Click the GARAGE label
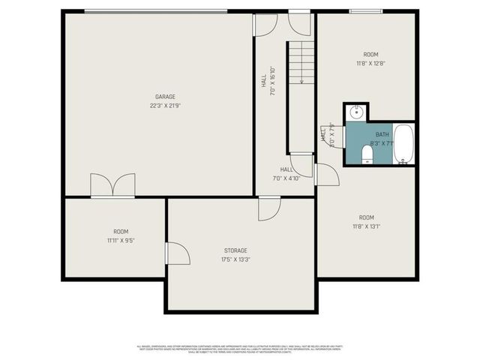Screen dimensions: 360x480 coord(165,97)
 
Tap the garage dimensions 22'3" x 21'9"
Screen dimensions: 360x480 coord(165,106)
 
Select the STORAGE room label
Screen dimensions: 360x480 coord(235,250)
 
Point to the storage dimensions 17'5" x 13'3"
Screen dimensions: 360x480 coord(235,259)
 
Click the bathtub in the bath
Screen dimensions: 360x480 coord(403,144)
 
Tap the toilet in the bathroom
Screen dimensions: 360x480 coord(367,154)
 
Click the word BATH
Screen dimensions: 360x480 coord(382,134)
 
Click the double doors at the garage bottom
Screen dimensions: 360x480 coord(112,186)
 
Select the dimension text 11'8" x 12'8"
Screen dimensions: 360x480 coord(370,64)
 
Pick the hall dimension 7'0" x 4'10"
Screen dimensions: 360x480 coord(286,178)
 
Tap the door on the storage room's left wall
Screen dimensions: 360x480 coord(177,253)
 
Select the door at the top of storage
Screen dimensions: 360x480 coord(268,208)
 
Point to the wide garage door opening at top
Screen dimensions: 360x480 coord(155,11)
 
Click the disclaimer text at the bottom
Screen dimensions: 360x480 coord(240,349)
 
